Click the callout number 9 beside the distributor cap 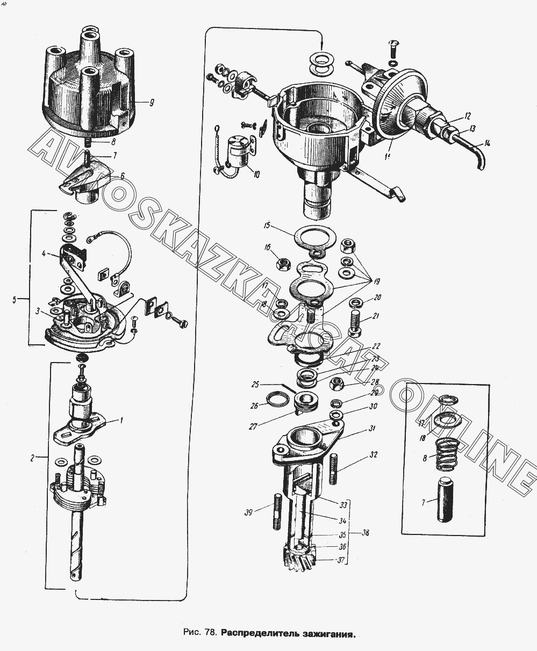click(152, 102)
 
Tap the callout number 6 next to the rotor click(122, 175)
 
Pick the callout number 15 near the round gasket click(267, 226)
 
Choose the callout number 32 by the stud click(373, 455)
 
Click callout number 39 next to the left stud click(248, 512)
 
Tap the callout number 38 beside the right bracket click(366, 533)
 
